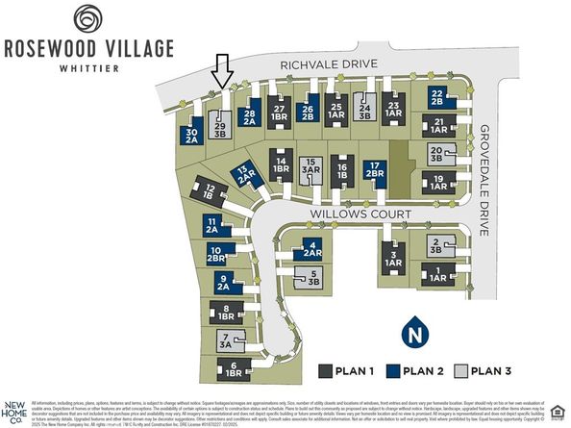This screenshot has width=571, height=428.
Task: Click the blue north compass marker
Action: pyautogui.click(x=415, y=333)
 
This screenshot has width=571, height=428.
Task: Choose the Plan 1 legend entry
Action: pyautogui.click(x=351, y=370)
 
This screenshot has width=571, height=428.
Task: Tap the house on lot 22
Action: pyautogui.click(x=437, y=99)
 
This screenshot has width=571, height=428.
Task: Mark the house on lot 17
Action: pyautogui.click(x=374, y=170)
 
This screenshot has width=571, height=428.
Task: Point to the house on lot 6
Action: pyautogui.click(x=234, y=368)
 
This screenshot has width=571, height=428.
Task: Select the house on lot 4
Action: pyautogui.click(x=311, y=250)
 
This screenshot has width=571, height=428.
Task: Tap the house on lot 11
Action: pyautogui.click(x=212, y=226)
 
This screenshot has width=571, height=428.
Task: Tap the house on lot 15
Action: pyautogui.click(x=310, y=169)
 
